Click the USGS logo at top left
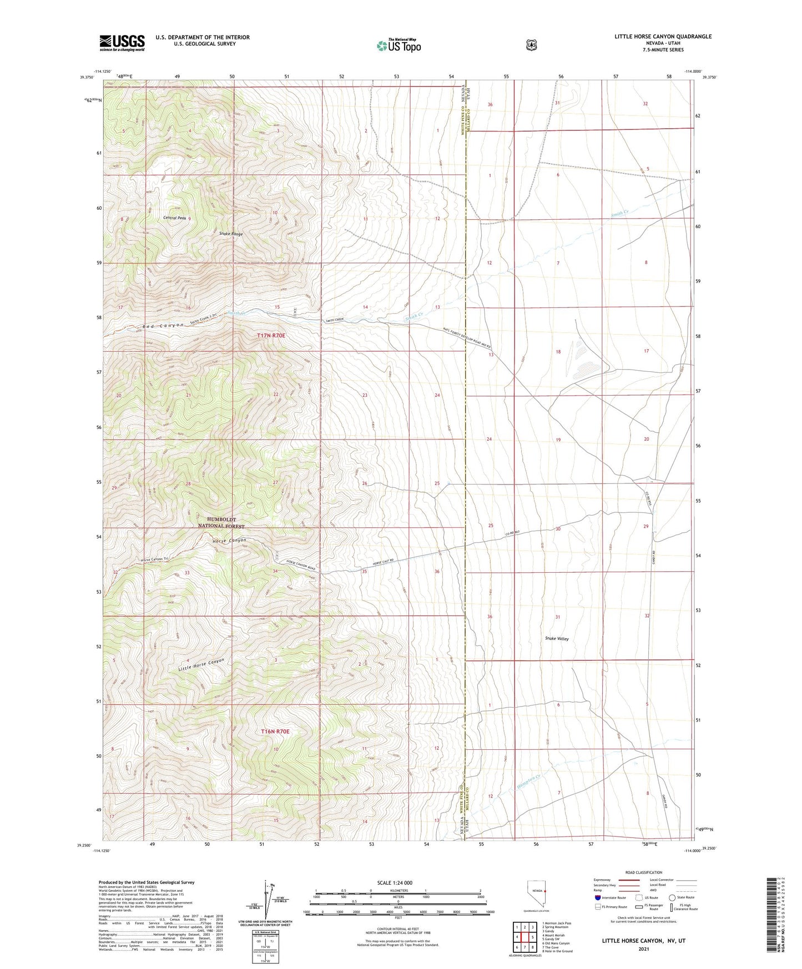[122, 43]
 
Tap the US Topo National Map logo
[398, 46]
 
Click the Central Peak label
[174, 218]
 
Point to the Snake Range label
[230, 234]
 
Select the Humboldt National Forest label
[221, 523]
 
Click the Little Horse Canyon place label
[201, 665]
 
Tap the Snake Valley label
[557, 639]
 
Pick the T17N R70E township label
[271, 336]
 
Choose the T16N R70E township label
[275, 731]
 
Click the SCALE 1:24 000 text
[395, 882]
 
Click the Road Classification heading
[643, 872]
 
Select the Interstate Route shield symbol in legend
[597, 897]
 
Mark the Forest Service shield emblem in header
[531, 44]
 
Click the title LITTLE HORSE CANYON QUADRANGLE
[663, 37]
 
